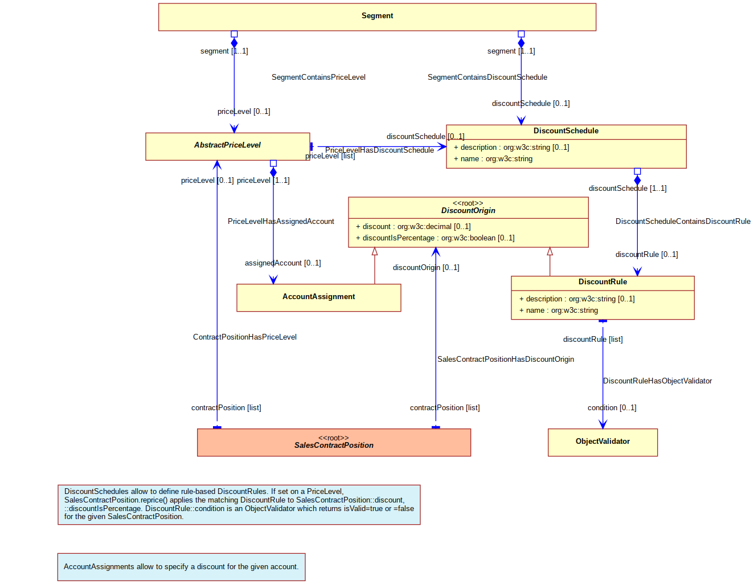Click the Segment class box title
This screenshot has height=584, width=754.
pos(377,15)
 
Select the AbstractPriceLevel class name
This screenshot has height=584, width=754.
pos(227,145)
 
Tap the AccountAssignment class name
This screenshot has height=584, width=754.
pos(318,296)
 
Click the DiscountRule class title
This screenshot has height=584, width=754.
pos(602,281)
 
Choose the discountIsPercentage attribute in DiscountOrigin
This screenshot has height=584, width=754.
pos(435,238)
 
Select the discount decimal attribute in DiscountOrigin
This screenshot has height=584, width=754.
pos(413,226)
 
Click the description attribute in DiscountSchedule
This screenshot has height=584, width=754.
pos(511,147)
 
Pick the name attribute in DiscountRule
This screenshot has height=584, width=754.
pos(558,310)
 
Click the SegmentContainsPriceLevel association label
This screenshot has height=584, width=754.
pos(318,77)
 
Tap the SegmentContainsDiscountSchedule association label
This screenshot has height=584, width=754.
pos(487,77)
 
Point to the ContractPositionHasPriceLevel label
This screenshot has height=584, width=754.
pos(245,337)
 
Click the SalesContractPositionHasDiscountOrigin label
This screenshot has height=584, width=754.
pos(505,359)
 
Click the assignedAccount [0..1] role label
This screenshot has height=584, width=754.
pos(282,263)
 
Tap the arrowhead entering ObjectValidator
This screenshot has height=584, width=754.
pos(603,424)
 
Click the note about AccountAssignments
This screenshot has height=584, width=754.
pos(181,566)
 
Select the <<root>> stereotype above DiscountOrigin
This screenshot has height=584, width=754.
pos(468,203)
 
